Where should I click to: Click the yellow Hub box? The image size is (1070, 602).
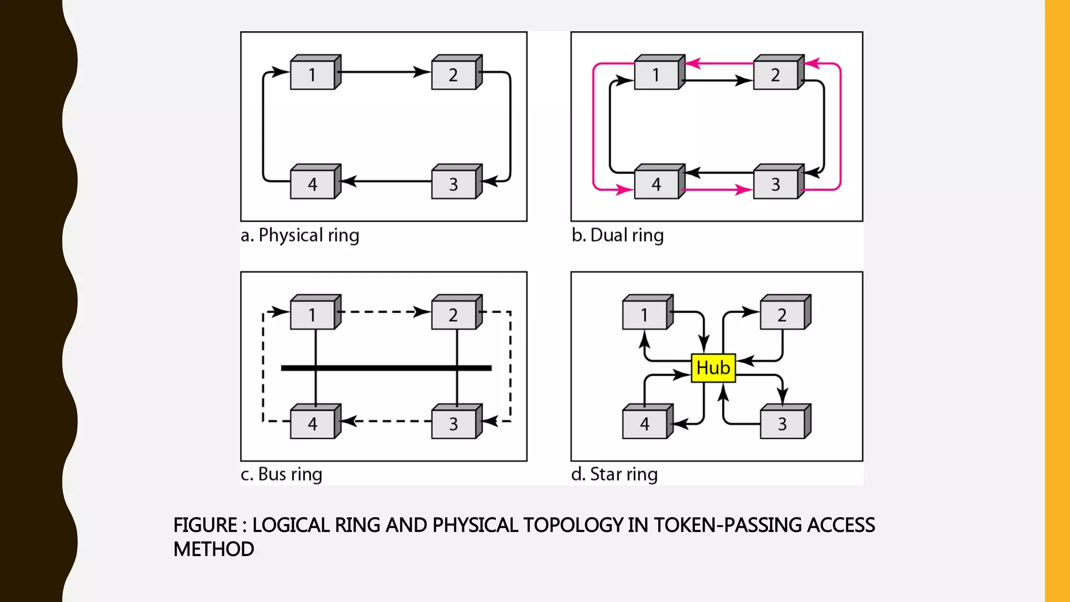[713, 368]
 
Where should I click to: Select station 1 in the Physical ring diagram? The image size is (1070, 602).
[313, 75]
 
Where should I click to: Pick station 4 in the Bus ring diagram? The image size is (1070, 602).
[313, 424]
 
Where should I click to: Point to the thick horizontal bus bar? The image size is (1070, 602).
[386, 368]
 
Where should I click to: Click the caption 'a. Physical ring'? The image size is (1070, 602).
[300, 235]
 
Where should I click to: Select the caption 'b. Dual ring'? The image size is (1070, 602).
[618, 235]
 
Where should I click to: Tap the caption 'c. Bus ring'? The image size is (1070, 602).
[281, 474]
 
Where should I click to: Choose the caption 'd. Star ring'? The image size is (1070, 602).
[614, 474]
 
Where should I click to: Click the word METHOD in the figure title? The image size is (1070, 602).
[214, 549]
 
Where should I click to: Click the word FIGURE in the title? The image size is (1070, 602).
[205, 525]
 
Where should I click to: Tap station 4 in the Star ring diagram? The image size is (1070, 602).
[645, 424]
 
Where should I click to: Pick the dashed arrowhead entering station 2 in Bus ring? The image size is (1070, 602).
[422, 312]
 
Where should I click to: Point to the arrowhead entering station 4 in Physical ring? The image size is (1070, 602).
[348, 181]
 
